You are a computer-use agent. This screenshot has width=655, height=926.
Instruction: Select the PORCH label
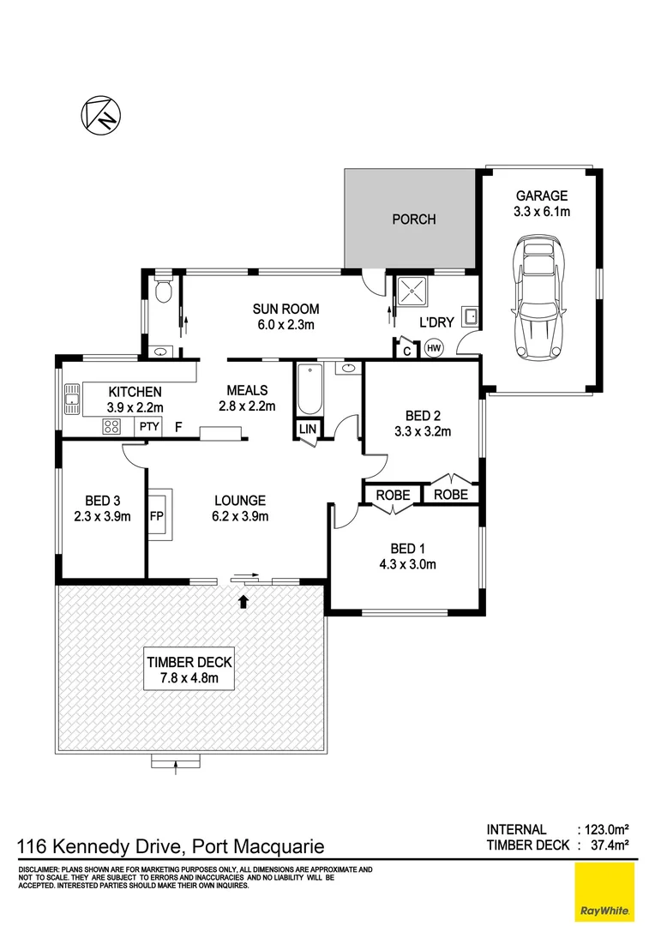pos(413,219)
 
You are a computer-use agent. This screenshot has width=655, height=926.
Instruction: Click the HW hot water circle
pos(433,348)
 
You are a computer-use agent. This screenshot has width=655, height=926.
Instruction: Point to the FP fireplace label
pos(156,517)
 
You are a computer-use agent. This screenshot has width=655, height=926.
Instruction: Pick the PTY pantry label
pos(147,425)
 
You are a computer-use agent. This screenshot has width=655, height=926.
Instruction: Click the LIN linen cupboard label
pos(305,427)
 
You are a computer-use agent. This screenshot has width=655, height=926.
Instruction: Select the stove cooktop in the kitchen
pos(112,425)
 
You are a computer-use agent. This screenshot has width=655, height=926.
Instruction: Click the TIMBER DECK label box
pos(189,670)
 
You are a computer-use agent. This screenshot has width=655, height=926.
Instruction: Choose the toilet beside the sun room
pos(162,292)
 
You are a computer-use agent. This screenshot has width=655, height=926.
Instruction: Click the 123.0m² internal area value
pos(605,829)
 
